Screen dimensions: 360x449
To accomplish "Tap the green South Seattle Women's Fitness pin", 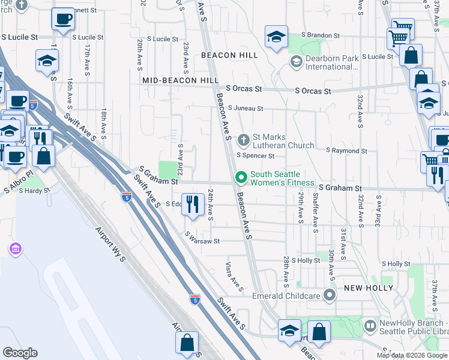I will (x=241, y=178).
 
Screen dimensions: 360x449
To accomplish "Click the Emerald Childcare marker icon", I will (x=329, y=295).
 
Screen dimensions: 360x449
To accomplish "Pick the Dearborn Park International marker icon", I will (x=296, y=62).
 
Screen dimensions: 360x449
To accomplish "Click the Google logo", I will (x=20, y=352).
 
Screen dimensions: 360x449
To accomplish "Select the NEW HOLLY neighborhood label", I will (x=368, y=288).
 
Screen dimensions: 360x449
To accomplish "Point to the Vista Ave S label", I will (x=234, y=276).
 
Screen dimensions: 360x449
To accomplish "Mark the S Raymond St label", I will (x=347, y=151).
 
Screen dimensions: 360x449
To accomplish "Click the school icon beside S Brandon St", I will (x=276, y=37).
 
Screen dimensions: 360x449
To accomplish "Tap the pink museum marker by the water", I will (x=16, y=248).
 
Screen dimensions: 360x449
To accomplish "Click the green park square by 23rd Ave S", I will (x=168, y=170).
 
